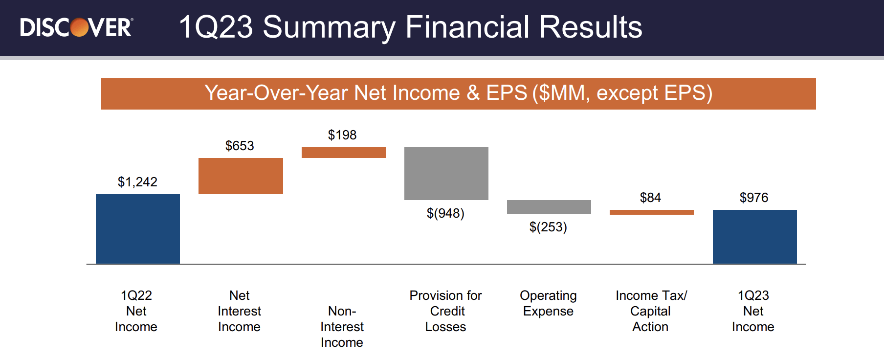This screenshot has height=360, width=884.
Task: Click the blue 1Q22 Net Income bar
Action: (138, 229)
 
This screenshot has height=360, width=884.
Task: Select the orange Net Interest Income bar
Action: (241, 176)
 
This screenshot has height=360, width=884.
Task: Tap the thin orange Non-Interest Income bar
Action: (344, 153)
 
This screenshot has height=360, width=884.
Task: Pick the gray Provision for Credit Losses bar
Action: (446, 174)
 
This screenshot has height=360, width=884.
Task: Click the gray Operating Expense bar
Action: (549, 207)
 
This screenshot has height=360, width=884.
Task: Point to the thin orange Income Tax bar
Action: (652, 212)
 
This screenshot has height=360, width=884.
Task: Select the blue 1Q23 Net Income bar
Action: (755, 237)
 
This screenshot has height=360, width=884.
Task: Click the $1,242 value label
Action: (137, 182)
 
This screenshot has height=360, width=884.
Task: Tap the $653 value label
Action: (240, 146)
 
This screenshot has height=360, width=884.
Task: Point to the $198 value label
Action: (342, 135)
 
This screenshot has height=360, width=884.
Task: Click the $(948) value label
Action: (445, 213)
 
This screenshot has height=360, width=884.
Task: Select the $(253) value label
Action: (548, 227)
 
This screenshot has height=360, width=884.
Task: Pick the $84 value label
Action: (650, 198)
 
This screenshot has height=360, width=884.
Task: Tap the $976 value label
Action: (754, 198)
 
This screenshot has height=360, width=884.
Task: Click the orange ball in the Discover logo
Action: (80, 27)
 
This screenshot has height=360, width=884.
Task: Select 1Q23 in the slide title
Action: (216, 27)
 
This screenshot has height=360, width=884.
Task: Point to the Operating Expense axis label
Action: (548, 303)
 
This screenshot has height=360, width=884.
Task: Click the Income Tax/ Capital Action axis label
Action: (651, 311)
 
